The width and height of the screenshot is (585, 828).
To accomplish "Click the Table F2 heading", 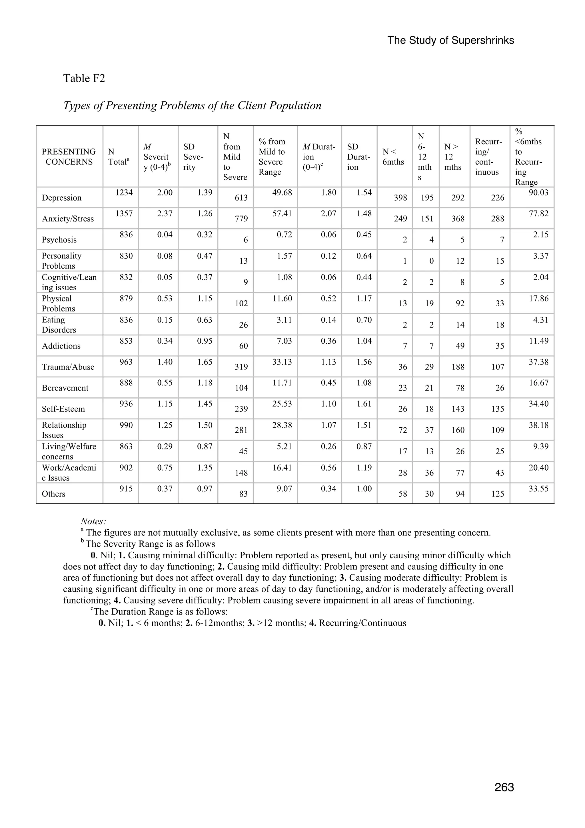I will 84,78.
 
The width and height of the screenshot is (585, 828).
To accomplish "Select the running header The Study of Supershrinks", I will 450,40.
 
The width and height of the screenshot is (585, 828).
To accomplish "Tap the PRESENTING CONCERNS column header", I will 69,157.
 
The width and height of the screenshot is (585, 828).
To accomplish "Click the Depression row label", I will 62,198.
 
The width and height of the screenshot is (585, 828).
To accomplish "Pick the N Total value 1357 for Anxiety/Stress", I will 124,213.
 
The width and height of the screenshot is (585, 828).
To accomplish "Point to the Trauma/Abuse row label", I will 68,367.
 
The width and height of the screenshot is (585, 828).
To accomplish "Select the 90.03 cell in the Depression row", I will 538,193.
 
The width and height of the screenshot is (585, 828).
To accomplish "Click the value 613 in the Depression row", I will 241,198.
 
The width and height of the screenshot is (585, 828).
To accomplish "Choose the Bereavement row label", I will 65,388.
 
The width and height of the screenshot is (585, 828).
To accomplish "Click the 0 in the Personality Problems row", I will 431,261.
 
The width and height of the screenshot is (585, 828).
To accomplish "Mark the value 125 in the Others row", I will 497,494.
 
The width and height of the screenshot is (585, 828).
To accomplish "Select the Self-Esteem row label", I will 63,409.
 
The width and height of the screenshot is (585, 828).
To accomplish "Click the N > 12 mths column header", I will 453,157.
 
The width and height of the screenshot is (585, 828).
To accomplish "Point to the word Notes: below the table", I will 93,521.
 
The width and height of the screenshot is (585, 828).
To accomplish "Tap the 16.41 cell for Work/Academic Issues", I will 282,468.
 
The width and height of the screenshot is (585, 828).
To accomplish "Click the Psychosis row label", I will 59,240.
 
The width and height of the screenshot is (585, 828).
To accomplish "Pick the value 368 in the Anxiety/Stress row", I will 458,219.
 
